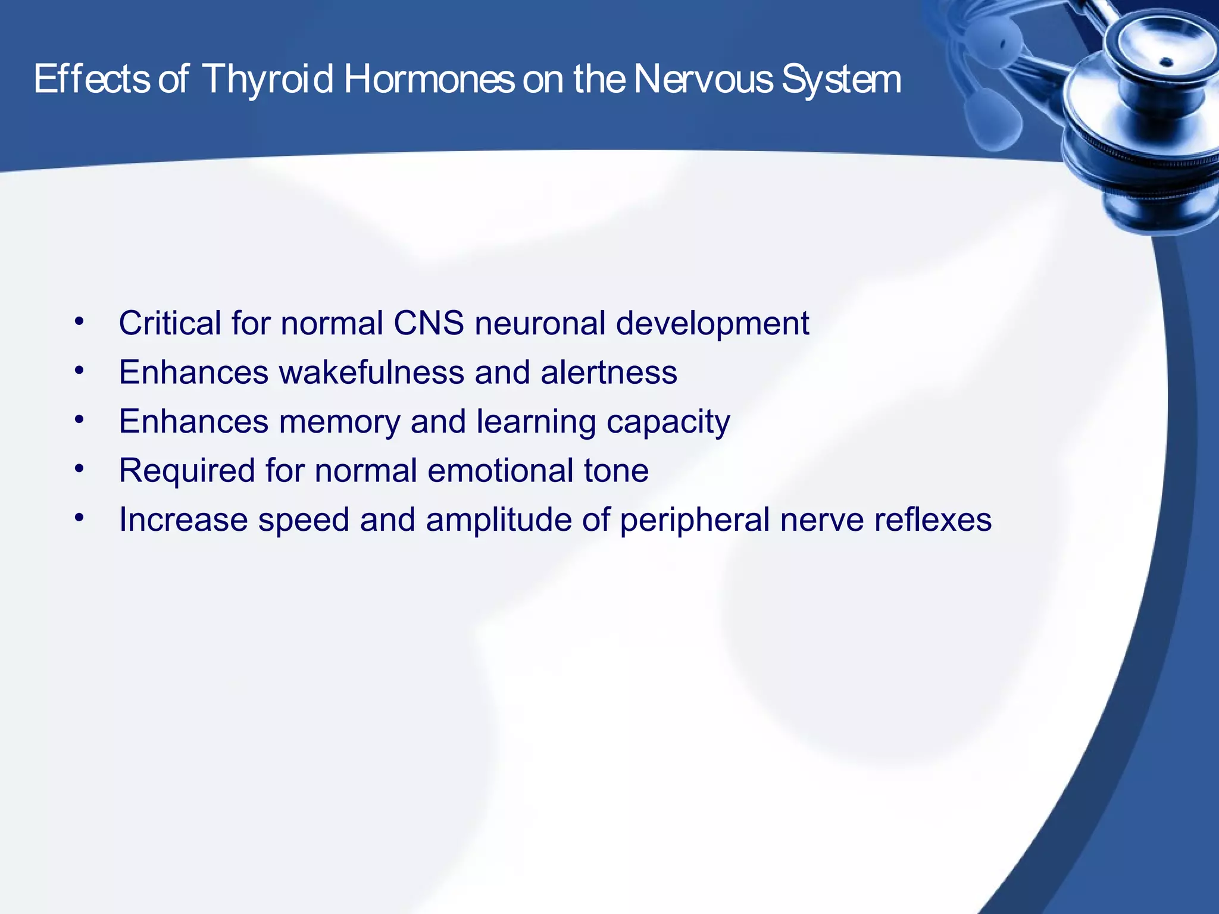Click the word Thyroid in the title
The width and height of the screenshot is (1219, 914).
[267, 80]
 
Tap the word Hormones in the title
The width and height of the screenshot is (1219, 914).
[429, 80]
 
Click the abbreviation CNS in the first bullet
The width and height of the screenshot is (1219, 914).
[428, 323]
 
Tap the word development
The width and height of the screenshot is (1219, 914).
[712, 323]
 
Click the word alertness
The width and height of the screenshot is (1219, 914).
[608, 373]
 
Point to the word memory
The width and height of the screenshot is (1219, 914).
[339, 422]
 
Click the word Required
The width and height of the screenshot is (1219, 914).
[187, 471]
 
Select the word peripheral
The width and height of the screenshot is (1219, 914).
[695, 520]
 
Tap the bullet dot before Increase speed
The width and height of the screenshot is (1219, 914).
[80, 518]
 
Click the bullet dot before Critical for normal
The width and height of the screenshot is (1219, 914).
[80, 322]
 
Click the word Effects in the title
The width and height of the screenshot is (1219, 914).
[92, 80]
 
